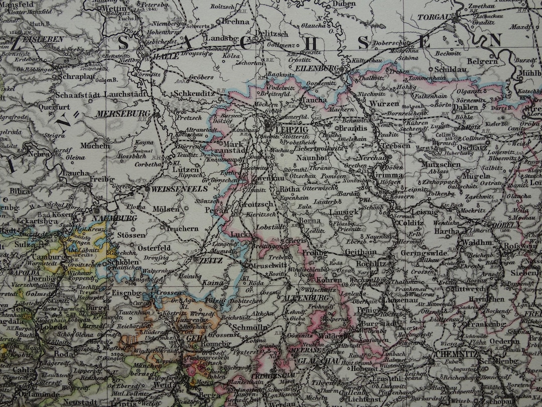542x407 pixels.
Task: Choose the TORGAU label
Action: [433, 17]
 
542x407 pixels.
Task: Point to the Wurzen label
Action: [384, 104]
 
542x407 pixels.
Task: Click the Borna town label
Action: [309, 220]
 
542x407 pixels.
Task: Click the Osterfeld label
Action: [154, 248]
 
